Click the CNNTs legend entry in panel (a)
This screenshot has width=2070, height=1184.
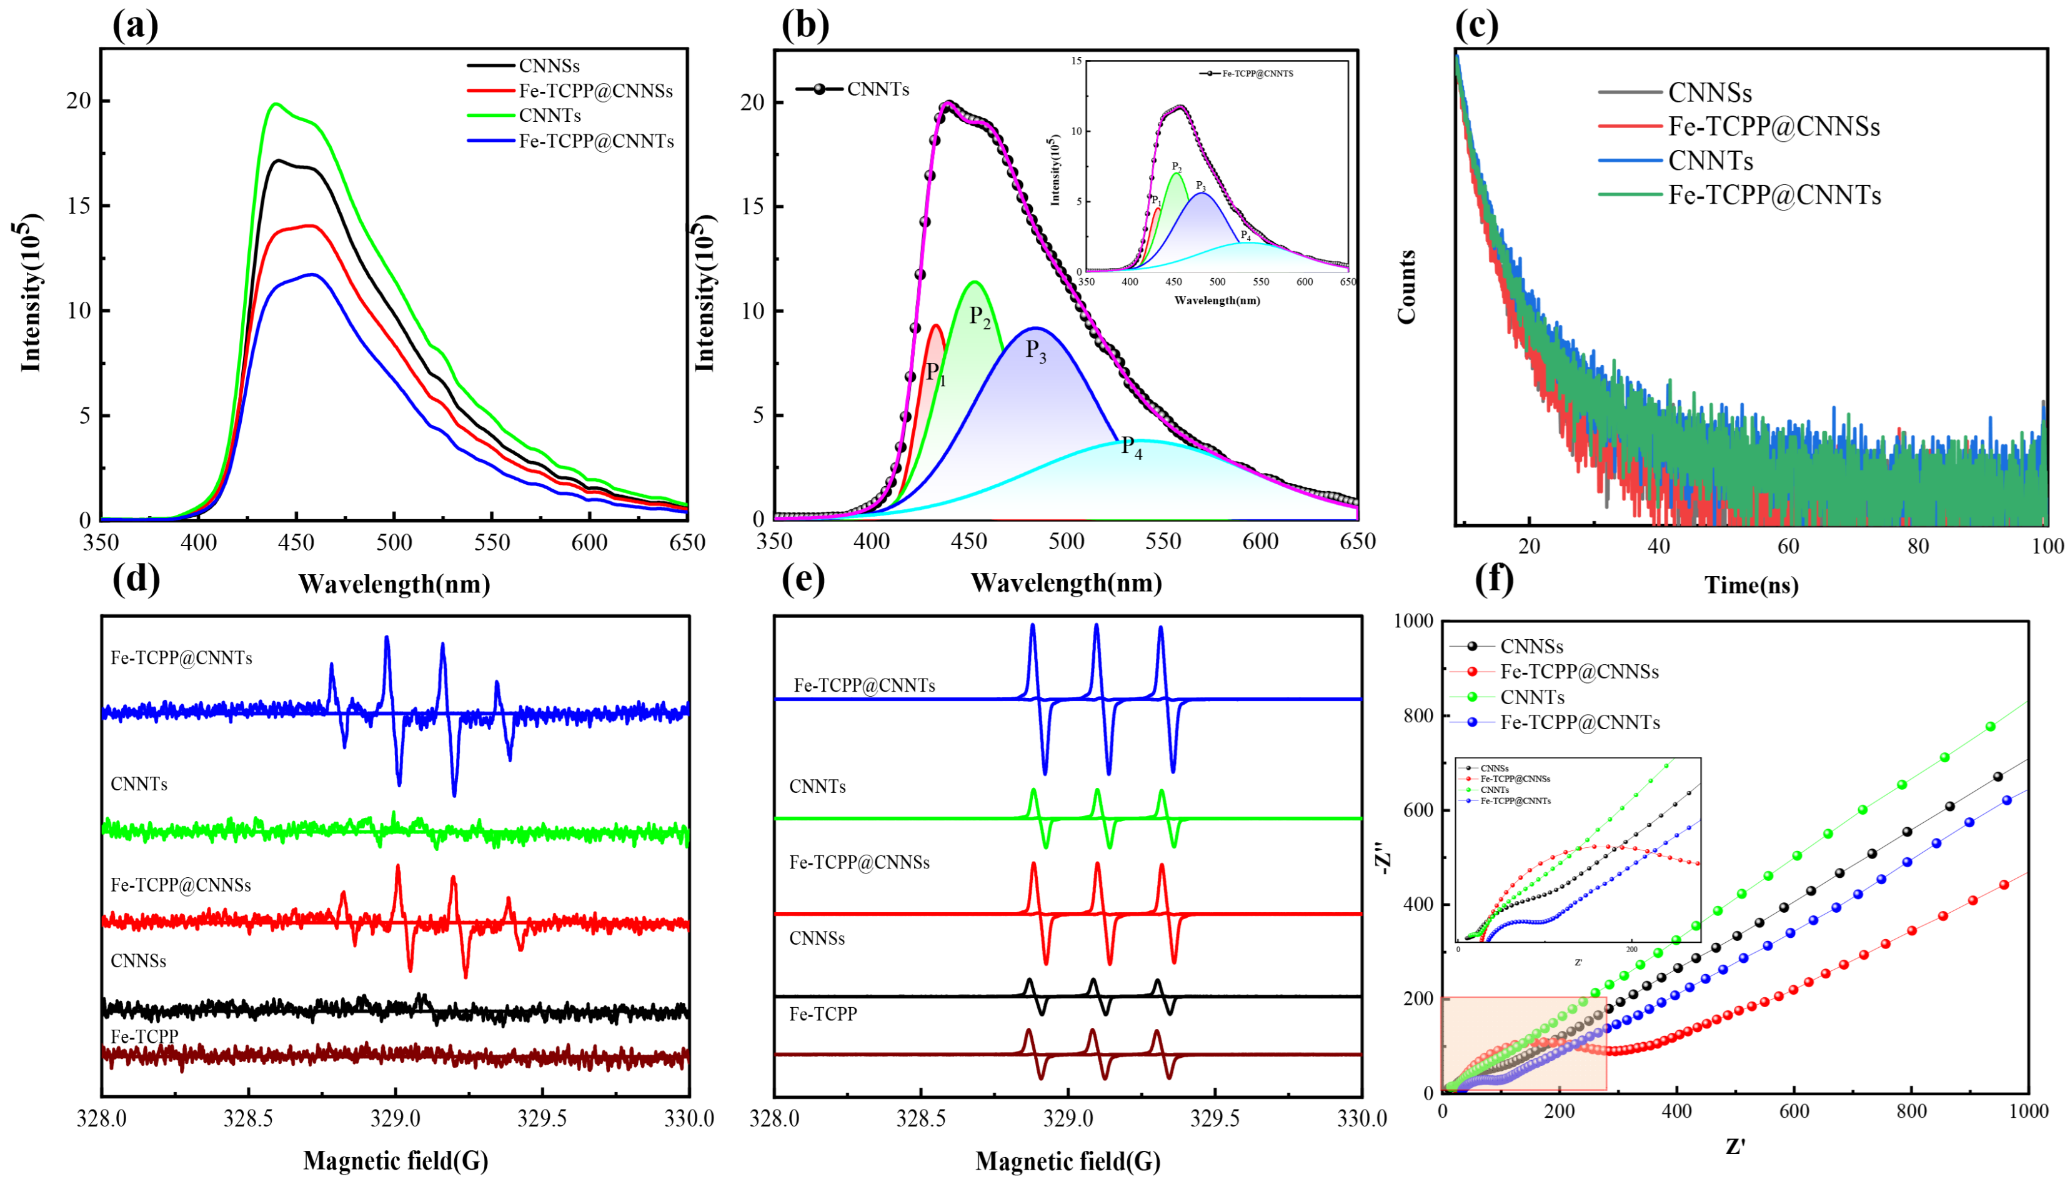pyautogui.click(x=550, y=116)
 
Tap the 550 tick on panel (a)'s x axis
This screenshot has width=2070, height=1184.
pyautogui.click(x=492, y=542)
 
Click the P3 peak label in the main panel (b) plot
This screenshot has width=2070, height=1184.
pyautogui.click(x=1035, y=351)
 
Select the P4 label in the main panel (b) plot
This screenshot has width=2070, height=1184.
pyautogui.click(x=1131, y=447)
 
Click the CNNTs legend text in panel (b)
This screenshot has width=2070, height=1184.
pyautogui.click(x=877, y=89)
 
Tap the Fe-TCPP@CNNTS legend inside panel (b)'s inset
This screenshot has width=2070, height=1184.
pyautogui.click(x=1257, y=73)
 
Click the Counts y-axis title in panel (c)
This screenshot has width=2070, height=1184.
pyautogui.click(x=1406, y=286)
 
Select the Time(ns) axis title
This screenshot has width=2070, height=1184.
pyautogui.click(x=1751, y=585)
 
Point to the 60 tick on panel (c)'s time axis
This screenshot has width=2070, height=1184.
pyautogui.click(x=1788, y=545)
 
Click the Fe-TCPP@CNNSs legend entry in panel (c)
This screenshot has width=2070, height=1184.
pyautogui.click(x=1773, y=127)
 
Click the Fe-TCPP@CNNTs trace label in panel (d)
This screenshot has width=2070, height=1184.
pyautogui.click(x=181, y=658)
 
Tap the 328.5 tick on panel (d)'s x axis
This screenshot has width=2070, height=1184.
pyautogui.click(x=248, y=1119)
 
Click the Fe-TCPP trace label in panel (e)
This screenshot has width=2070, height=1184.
pyautogui.click(x=823, y=1014)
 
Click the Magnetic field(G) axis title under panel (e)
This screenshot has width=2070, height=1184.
pyautogui.click(x=1068, y=1162)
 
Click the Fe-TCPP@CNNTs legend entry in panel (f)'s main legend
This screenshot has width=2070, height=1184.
pyautogui.click(x=1579, y=722)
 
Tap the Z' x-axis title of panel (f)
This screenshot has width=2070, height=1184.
pyautogui.click(x=1735, y=1147)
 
